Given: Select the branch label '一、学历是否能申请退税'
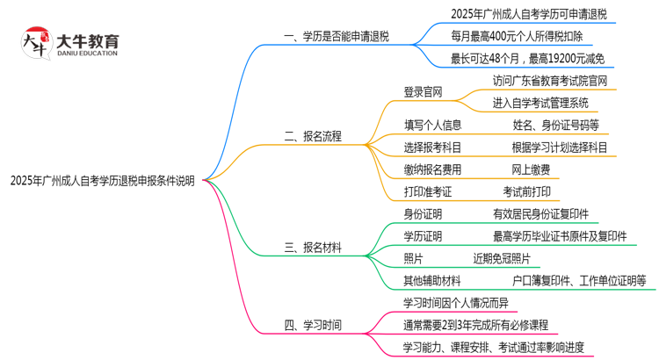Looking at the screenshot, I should (337, 37).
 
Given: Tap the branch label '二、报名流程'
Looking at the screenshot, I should (313, 136).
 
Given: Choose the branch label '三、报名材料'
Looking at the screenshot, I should (313, 247).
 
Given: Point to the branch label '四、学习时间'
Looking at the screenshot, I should (313, 325).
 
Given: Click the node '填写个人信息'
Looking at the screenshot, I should (433, 125).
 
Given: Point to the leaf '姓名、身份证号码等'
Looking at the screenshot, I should (556, 125).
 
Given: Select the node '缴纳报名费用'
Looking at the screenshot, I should (432, 169).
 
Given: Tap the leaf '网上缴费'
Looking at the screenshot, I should (532, 169).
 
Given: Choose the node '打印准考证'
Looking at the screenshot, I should (428, 191).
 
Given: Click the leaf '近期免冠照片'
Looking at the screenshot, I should (502, 258).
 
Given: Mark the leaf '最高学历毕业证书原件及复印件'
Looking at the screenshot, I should (560, 236).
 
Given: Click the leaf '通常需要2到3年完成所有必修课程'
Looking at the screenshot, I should (475, 325).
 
